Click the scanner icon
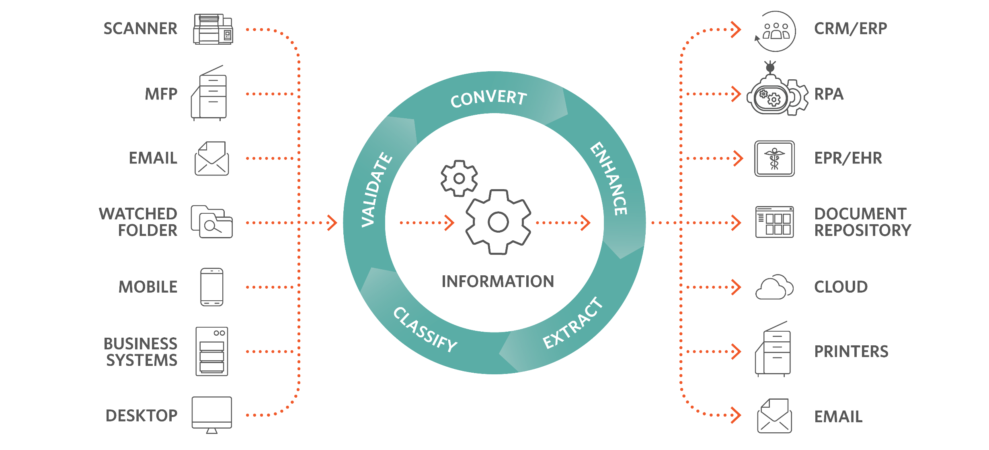click(213, 29)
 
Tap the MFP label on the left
click(161, 94)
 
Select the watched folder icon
click(211, 222)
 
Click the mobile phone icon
click(212, 287)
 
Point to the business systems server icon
click(212, 351)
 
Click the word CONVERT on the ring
click(488, 98)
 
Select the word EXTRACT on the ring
click(572, 323)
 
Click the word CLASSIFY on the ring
click(425, 330)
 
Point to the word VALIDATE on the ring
click(375, 189)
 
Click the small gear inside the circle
click(459, 178)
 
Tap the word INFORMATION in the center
click(498, 282)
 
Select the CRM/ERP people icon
click(776, 31)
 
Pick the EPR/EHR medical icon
click(774, 158)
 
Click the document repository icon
click(774, 222)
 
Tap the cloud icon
click(774, 287)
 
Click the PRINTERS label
click(851, 351)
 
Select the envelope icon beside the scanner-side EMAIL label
click(212, 159)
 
